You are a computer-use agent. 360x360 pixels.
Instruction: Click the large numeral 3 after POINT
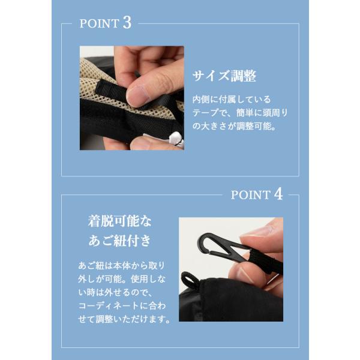click(x=127, y=23)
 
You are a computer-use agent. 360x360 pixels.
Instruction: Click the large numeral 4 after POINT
click(x=278, y=194)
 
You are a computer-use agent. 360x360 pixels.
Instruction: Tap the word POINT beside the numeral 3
click(x=99, y=23)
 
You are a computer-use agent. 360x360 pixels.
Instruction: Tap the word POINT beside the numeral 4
click(x=250, y=195)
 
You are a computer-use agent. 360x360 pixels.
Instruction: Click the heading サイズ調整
click(x=224, y=76)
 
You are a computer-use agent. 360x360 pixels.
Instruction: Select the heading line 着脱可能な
click(x=119, y=221)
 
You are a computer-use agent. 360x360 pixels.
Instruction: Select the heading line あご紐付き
click(x=119, y=241)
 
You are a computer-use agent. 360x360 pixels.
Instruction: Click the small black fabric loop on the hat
click(x=189, y=280)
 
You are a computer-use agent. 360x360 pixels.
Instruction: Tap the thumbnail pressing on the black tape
click(x=138, y=95)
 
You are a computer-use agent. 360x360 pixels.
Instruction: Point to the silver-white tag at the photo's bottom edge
click(x=177, y=140)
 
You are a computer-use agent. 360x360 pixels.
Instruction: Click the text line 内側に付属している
click(x=232, y=100)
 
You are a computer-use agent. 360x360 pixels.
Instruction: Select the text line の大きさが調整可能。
click(x=234, y=126)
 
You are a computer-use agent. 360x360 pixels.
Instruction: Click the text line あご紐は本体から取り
click(x=122, y=266)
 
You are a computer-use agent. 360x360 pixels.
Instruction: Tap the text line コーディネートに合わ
click(x=122, y=305)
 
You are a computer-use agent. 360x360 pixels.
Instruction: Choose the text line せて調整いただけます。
click(x=124, y=319)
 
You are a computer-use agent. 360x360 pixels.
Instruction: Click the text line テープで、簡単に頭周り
click(x=240, y=113)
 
